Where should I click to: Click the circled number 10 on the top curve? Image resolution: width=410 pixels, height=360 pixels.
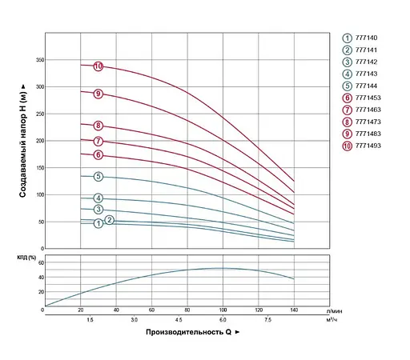pos(98,66)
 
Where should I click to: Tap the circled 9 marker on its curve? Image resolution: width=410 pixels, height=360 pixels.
pos(98,94)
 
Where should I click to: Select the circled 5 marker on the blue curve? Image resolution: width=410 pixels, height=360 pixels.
pos(98,176)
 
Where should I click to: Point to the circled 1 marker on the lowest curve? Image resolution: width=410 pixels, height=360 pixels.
pos(98,223)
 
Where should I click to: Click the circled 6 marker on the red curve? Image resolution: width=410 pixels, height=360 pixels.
pos(98,154)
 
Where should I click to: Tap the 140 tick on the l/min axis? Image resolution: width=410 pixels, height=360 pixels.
pos(294,310)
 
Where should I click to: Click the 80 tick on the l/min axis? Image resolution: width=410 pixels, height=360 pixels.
pos(187,310)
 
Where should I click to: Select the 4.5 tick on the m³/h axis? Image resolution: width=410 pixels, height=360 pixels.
pos(187,319)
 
